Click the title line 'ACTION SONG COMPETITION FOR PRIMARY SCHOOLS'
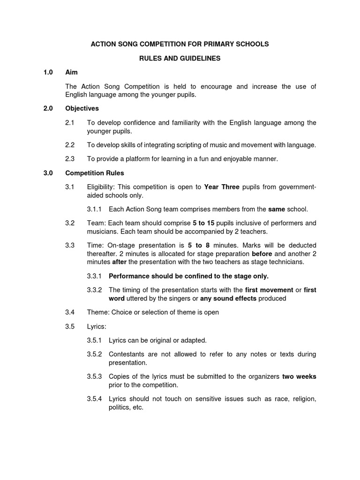[180, 44]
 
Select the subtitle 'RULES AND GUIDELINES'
[180, 59]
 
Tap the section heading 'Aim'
[72, 72]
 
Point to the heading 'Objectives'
[82, 108]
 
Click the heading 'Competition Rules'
[94, 173]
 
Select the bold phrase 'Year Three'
[222, 187]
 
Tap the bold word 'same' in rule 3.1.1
[277, 209]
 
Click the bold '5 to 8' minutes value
[198, 245]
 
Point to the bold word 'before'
[262, 254]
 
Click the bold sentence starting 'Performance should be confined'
[188, 276]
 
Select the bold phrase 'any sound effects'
[228, 298]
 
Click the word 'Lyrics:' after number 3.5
[97, 326]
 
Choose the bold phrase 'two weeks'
[299, 376]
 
